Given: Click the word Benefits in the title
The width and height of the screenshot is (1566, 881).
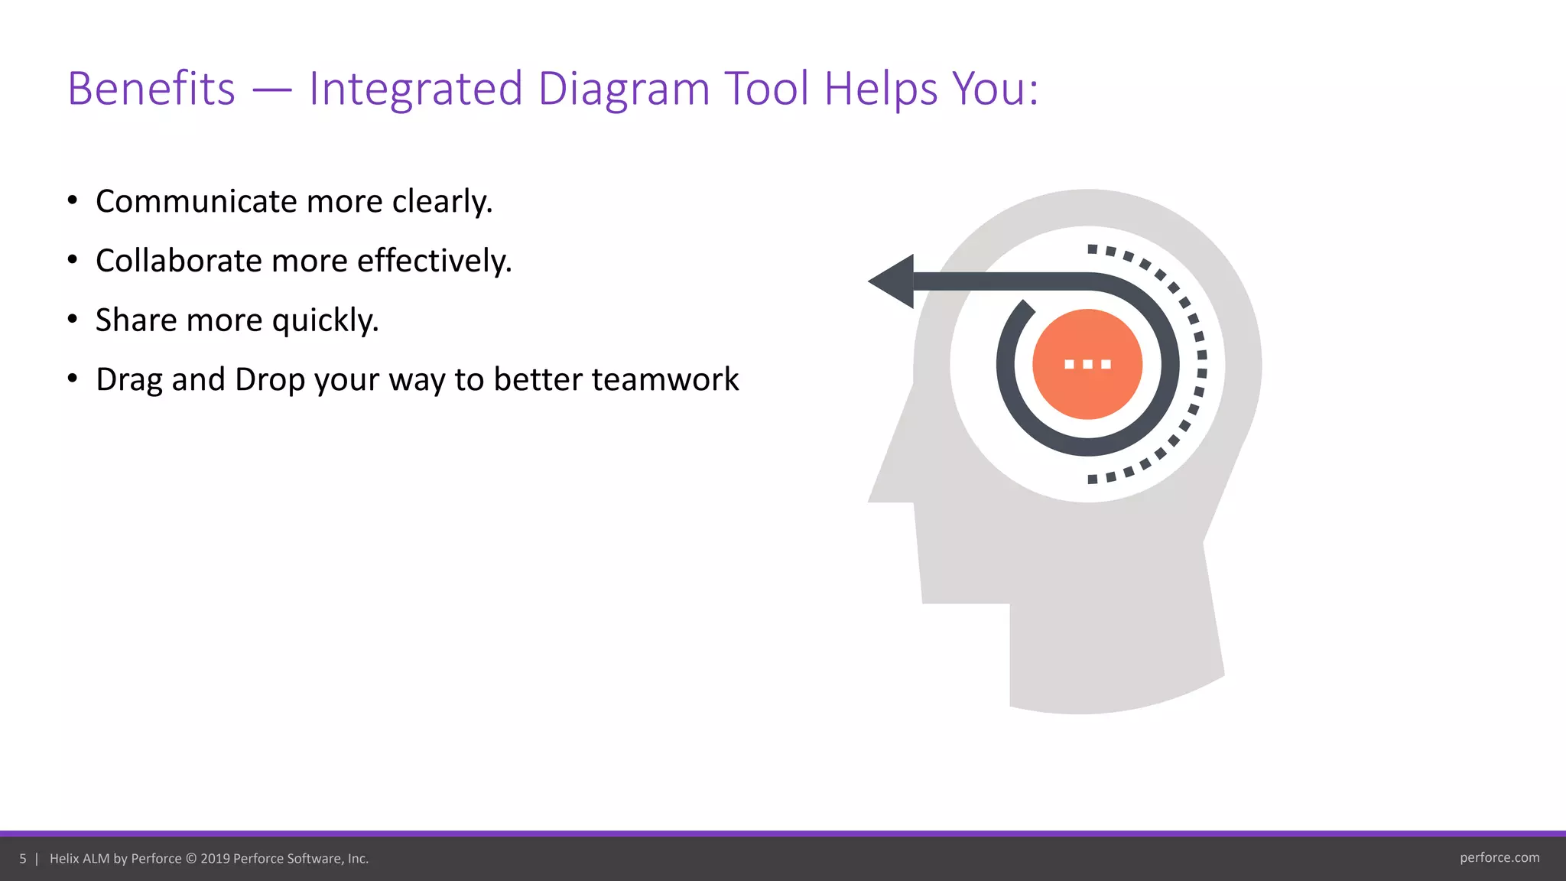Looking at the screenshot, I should pos(151,89).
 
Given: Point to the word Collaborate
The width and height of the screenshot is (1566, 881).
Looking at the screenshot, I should pos(179,262).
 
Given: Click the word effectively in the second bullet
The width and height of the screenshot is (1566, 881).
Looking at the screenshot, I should pos(434,262).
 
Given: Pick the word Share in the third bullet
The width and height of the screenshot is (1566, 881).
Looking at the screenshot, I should pos(135,320).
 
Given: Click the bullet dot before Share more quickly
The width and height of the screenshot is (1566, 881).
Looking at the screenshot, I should pos(73,319).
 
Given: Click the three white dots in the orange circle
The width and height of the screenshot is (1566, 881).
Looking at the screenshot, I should pos(1087,364).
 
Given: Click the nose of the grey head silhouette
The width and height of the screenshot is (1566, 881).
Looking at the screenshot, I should pos(887,482).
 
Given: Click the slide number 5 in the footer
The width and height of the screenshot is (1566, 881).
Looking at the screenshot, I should pos(23,859).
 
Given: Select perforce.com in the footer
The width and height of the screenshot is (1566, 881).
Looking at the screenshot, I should pos(1499,858).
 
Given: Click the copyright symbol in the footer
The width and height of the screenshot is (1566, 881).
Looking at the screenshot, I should pos(191,859).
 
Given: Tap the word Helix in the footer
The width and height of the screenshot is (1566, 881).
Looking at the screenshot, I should pos(64,859).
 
